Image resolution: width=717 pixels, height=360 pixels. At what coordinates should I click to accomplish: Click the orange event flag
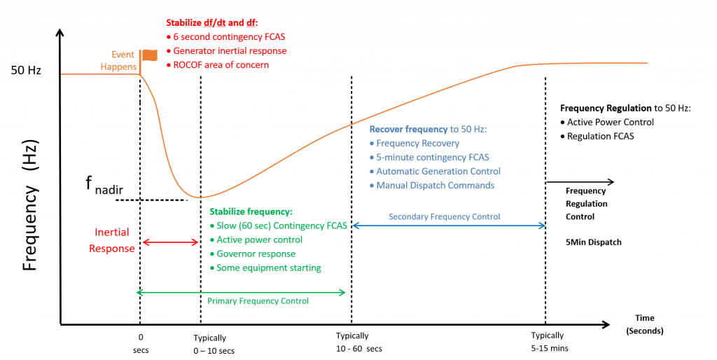point(149,55)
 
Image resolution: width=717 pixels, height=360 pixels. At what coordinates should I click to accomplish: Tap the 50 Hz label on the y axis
point(27,71)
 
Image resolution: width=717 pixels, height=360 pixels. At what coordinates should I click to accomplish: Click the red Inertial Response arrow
point(171,242)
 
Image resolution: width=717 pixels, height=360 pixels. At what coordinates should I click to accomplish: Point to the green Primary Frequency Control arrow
point(242,292)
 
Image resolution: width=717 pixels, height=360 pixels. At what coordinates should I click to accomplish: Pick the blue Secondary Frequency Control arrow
point(448,226)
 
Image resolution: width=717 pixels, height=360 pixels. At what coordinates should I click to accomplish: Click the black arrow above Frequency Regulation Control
point(579,182)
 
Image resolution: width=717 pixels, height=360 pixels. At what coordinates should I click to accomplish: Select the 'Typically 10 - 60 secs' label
point(359,342)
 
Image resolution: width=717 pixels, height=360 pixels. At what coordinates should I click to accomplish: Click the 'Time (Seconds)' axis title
point(643,324)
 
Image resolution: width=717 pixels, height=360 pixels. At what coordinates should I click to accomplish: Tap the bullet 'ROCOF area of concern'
point(221,65)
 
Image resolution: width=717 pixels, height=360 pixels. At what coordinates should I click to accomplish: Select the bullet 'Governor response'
point(256,254)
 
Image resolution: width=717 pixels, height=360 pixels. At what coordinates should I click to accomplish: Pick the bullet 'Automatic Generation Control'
point(438,171)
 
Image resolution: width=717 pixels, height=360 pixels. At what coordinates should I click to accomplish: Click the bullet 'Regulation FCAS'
point(600,136)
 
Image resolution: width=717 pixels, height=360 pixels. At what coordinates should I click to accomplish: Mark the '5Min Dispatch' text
point(593,242)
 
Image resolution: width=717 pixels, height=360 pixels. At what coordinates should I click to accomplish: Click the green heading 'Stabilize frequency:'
point(251,212)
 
